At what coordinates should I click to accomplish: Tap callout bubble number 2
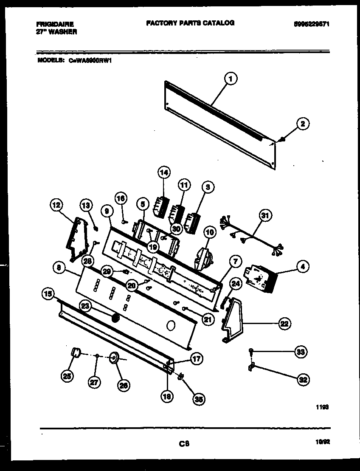pyautogui.click(x=302, y=124)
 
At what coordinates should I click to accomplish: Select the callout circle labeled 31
pyautogui.click(x=264, y=216)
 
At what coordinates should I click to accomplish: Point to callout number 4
pyautogui.click(x=302, y=267)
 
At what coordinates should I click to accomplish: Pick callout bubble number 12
pyautogui.click(x=56, y=206)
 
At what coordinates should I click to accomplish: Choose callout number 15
pyautogui.click(x=48, y=293)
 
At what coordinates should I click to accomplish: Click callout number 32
pyautogui.click(x=302, y=380)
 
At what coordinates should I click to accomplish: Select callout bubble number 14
pyautogui.click(x=164, y=172)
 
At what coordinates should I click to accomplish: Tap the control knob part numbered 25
pyautogui.click(x=76, y=353)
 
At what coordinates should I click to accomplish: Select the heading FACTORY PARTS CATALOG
pyautogui.click(x=190, y=23)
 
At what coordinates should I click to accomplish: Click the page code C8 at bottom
pyautogui.click(x=183, y=444)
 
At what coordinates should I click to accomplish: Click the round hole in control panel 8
pyautogui.click(x=171, y=326)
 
